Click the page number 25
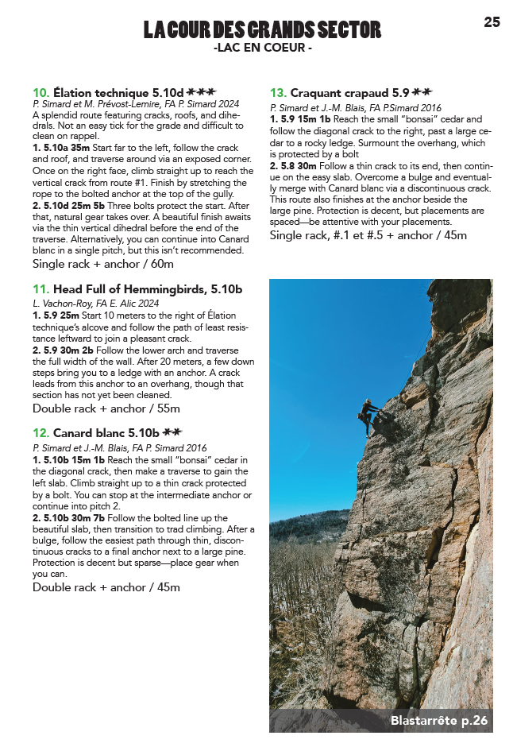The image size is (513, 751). pos(492,22)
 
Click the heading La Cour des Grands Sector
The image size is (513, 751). pos(262,30)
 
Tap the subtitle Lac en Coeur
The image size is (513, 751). pos(262,48)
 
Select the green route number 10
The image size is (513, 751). pos(40,92)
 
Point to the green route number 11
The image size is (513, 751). pos(40,289)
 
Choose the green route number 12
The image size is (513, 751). pos(40,433)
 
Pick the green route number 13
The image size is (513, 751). pos(278,92)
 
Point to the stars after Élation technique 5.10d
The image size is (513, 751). pos(202,92)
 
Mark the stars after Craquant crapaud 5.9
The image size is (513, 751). pos(422,92)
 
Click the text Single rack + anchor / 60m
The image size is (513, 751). pos(103,264)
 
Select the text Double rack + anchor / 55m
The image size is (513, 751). pos(106,408)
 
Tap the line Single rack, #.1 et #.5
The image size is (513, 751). pos(368,235)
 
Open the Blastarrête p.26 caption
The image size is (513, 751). pos(438,721)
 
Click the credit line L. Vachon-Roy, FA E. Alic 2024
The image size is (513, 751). pos(95,303)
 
